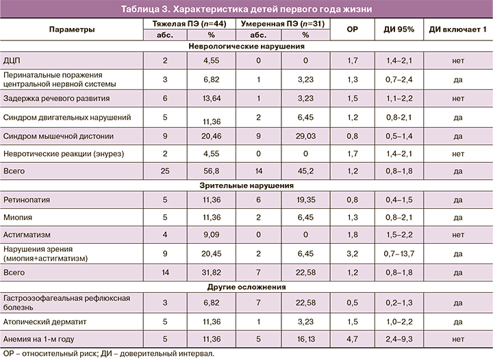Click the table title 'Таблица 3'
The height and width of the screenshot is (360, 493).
[x=246, y=9]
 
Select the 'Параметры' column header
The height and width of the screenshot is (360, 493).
[x=72, y=29]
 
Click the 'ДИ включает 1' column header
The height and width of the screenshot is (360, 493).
[x=457, y=29]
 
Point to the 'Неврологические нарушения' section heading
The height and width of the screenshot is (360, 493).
[x=246, y=47]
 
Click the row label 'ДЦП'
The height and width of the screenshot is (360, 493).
[x=14, y=60]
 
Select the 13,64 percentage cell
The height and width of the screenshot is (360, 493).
[x=211, y=98]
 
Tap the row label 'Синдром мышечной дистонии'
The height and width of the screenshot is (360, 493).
[x=58, y=136]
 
